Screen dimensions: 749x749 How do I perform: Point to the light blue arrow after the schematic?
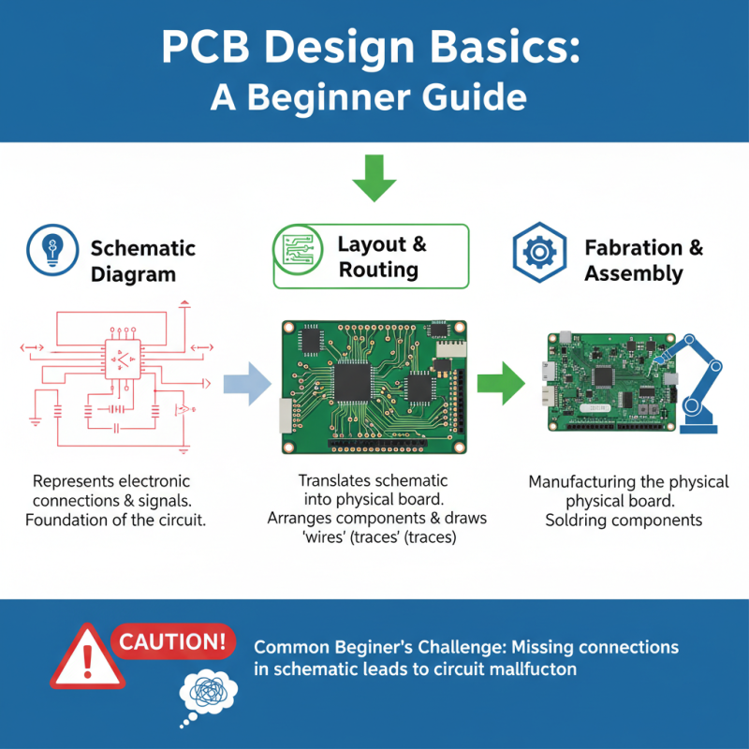click(x=246, y=384)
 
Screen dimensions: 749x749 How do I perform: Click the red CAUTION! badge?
click(x=173, y=641)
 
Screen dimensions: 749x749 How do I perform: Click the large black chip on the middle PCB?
click(x=354, y=378)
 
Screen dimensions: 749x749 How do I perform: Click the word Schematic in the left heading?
click(x=142, y=248)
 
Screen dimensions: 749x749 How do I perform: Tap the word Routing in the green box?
click(x=378, y=271)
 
